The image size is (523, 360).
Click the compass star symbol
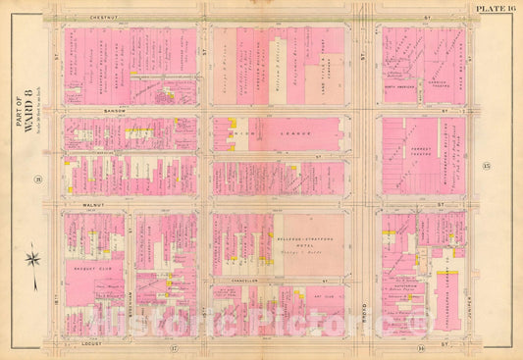pyautogui.click(x=32, y=261)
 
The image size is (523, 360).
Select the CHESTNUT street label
pyautogui.click(x=79, y=17)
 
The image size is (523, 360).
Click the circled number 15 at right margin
pyautogui.click(x=486, y=169)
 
